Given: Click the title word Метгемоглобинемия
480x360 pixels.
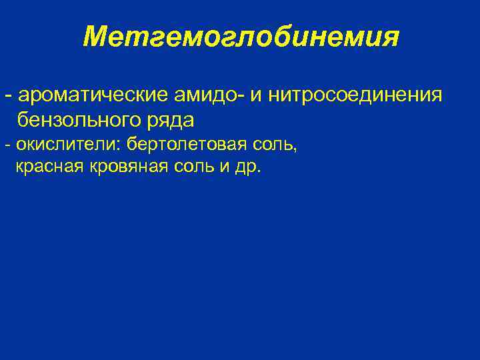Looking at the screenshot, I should [x=241, y=38].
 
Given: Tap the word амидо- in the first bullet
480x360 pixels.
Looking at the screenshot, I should [x=199, y=95].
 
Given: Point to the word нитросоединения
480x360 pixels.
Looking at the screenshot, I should [x=356, y=95].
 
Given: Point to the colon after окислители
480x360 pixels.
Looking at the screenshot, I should [x=120, y=145].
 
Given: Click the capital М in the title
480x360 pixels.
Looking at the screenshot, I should [x=96, y=38].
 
